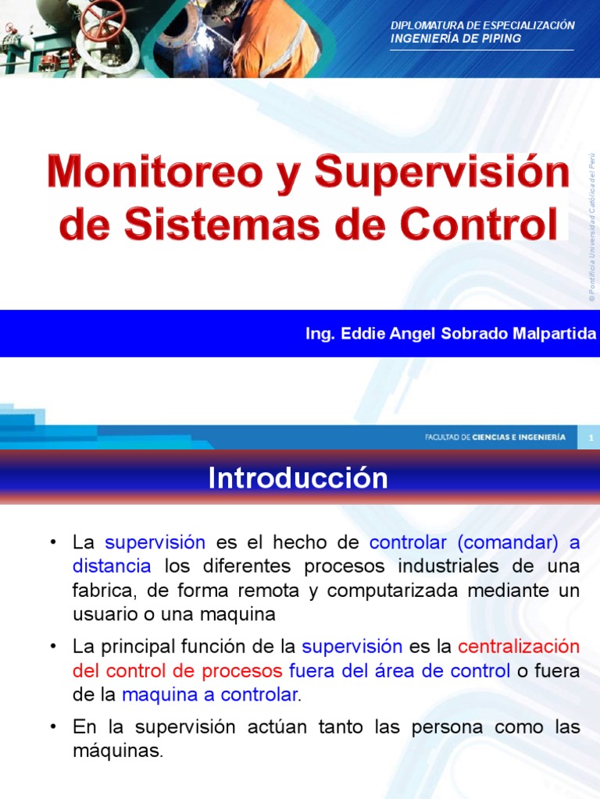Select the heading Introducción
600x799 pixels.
coord(298,478)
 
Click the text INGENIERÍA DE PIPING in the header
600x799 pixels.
coord(455,39)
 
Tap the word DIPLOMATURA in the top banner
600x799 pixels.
coord(426,26)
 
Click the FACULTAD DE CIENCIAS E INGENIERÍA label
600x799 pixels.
coord(495,438)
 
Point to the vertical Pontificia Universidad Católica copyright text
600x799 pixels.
coord(592,226)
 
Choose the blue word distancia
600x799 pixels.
coord(105,565)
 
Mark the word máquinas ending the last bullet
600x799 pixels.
coord(118,752)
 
